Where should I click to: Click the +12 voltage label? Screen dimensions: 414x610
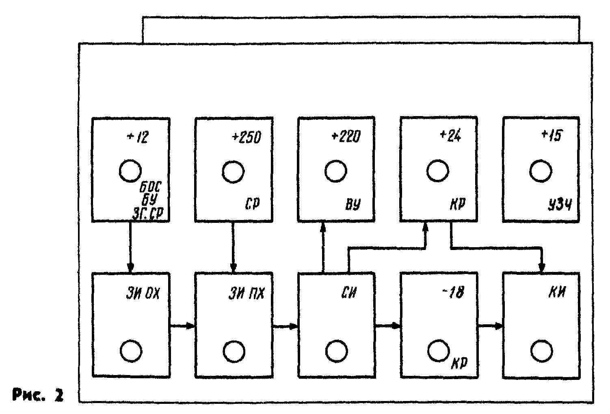pos(138,138)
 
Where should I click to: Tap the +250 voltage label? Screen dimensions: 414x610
pos(246,138)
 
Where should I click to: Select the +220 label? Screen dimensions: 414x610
pos(346,137)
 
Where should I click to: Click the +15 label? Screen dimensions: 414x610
pos(552,136)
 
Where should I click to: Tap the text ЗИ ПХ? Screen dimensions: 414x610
pos(246,293)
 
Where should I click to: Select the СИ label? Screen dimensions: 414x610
pos(348,293)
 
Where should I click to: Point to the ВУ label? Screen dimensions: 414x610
pos(353,205)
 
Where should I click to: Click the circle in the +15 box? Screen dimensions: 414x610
pos(541,171)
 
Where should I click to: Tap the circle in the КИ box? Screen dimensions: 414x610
pos(541,351)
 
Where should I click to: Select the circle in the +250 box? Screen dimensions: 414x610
pos(233,172)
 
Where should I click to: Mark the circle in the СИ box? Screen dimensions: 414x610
pos(336,351)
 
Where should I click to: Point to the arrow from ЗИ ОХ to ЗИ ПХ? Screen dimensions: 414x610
pos(183,326)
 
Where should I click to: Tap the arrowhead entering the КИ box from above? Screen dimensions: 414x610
pos(541,268)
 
